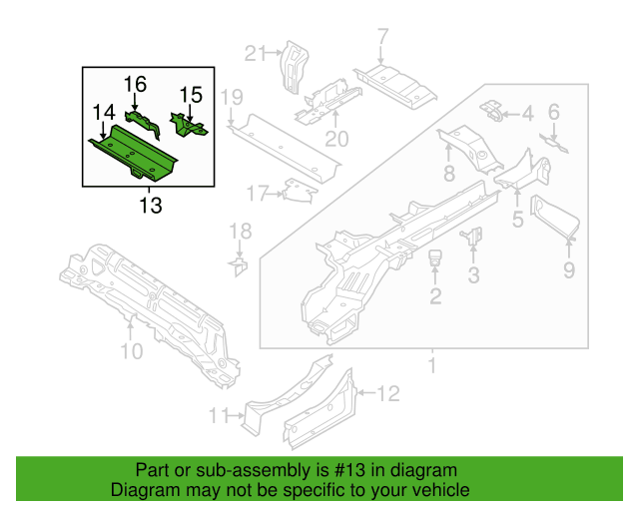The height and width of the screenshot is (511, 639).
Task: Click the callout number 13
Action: [x=149, y=206]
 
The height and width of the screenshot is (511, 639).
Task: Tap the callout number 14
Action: [x=104, y=114]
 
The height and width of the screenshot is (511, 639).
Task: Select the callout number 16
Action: [x=135, y=84]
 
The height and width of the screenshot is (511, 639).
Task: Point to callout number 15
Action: [x=191, y=95]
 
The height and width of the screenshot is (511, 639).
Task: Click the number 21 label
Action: [x=257, y=53]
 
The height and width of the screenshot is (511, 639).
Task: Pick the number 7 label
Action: [x=381, y=39]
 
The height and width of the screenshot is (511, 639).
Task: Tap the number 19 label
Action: [x=232, y=97]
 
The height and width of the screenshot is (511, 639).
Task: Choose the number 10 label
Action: [x=132, y=350]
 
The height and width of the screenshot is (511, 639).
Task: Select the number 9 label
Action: [x=568, y=270]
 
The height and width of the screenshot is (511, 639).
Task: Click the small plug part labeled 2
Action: [x=435, y=260]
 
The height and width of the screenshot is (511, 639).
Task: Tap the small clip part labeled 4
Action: [x=491, y=110]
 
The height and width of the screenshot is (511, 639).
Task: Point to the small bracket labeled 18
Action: [x=240, y=266]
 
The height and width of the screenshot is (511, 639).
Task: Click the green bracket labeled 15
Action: [x=188, y=126]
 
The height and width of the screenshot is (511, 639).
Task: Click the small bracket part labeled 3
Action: [x=472, y=237]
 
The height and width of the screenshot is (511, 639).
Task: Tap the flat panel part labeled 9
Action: [x=553, y=220]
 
